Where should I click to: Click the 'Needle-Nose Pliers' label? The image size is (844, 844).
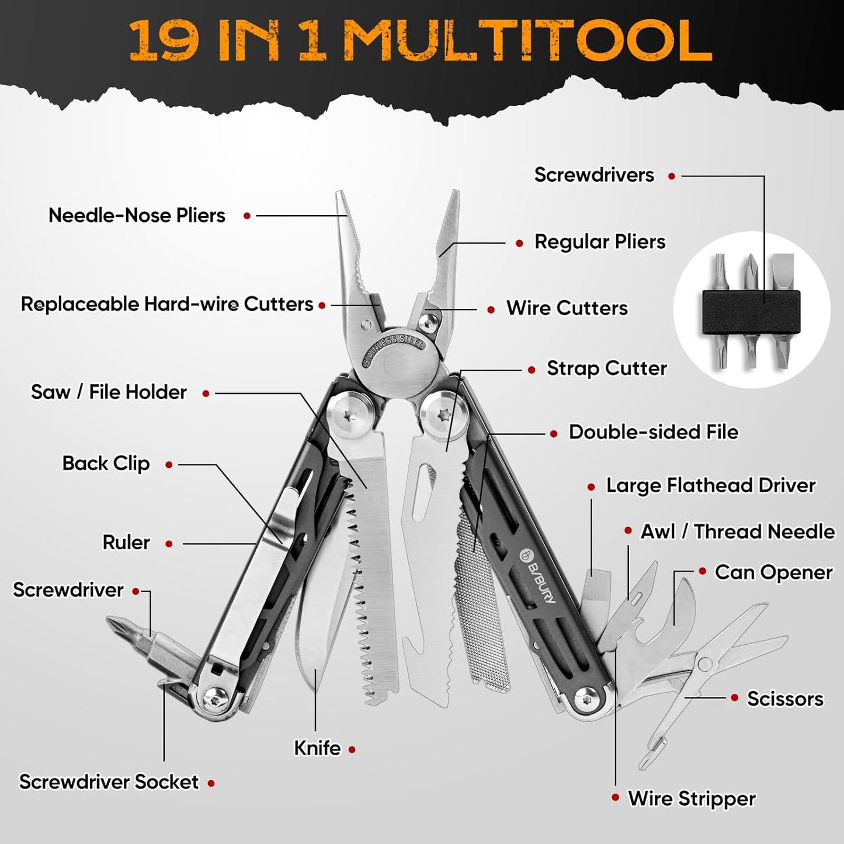pos(137,216)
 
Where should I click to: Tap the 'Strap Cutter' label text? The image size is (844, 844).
pos(606,369)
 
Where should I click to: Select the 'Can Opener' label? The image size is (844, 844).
pos(773,572)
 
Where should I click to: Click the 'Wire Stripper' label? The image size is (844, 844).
pos(692,798)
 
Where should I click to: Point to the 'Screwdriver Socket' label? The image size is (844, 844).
pos(109,782)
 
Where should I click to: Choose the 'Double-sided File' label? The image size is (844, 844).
pos(653,432)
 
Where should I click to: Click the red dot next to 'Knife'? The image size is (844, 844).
pos(352,749)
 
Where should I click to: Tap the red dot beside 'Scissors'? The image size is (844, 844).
pos(735,698)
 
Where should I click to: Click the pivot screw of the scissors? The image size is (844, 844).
pos(704,664)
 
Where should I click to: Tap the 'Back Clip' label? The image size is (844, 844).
pos(106,464)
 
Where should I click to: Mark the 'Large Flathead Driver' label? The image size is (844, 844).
pos(710,485)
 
